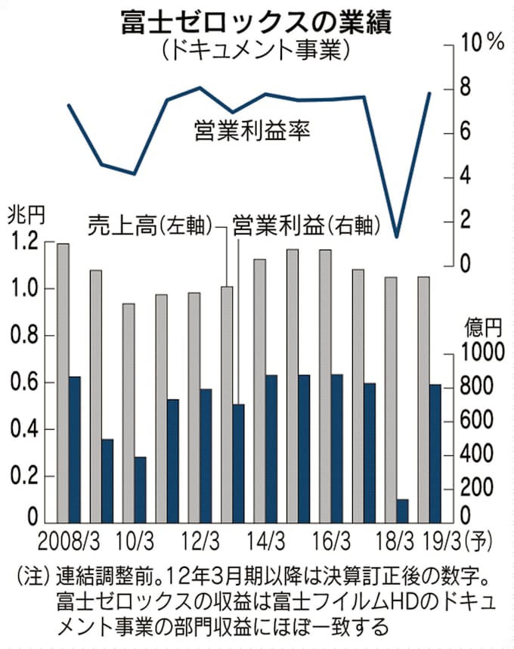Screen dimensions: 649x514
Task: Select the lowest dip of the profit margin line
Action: click(x=397, y=236)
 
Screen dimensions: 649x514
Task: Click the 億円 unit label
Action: click(x=482, y=327)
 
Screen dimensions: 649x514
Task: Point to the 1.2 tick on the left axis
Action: click(x=23, y=243)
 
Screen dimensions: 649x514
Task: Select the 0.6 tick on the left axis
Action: click(x=23, y=383)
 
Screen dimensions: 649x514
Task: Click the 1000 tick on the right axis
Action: click(x=481, y=352)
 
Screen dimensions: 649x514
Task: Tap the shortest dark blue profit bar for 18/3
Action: click(x=402, y=511)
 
